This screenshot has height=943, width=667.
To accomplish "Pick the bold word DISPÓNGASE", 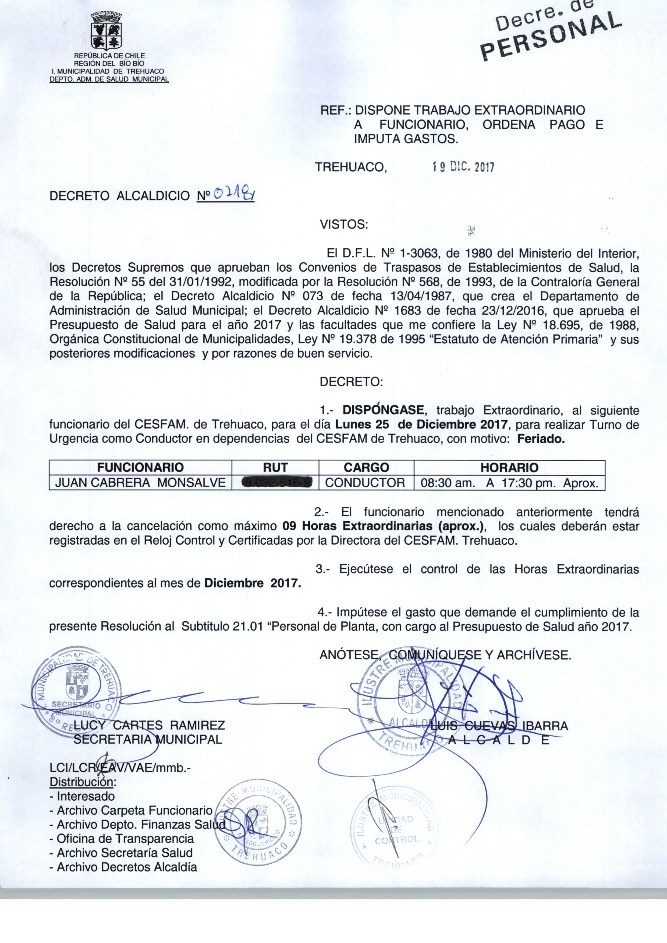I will pyautogui.click(x=383, y=410).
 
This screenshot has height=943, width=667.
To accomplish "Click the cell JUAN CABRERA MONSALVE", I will pyautogui.click(x=140, y=483).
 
